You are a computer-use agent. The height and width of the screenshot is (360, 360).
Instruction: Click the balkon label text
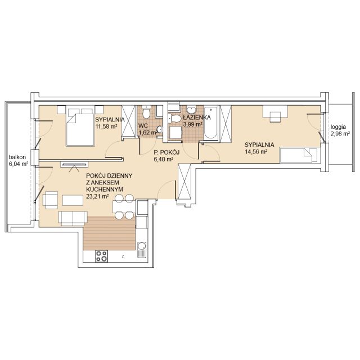pyautogui.click(x=17, y=157)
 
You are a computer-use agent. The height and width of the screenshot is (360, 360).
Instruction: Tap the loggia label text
pyautogui.click(x=338, y=127)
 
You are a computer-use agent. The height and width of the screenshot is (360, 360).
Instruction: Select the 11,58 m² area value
pyautogui.click(x=106, y=127)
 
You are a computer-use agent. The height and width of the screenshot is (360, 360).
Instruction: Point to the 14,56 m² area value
pyautogui.click(x=256, y=152)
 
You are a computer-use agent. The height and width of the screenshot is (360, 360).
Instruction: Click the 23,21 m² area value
pyautogui.click(x=97, y=196)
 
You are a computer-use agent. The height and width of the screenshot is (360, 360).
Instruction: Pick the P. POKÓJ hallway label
pyautogui.click(x=166, y=152)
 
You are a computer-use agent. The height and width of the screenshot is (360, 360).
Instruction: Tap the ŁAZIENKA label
pyautogui.click(x=197, y=118)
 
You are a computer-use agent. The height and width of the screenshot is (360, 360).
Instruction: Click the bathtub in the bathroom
pyautogui.click(x=210, y=123)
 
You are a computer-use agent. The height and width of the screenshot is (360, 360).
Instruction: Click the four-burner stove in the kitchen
pyautogui.click(x=101, y=256)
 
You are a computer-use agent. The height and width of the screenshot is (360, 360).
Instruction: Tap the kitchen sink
pyautogui.click(x=142, y=250)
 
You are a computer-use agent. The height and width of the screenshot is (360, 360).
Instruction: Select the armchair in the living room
pyautogui.click(x=50, y=200)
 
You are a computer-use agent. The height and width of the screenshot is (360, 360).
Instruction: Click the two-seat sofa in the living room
pyautogui.click(x=73, y=218)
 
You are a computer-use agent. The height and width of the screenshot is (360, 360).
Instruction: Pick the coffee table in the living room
pyautogui.click(x=73, y=200)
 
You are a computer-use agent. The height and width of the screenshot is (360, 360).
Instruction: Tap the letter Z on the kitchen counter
pyautogui.click(x=123, y=256)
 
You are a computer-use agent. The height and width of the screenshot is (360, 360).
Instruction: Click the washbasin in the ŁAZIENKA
pyautogui.click(x=191, y=110)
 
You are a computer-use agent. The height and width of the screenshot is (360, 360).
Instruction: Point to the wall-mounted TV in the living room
pyautogui.click(x=74, y=164)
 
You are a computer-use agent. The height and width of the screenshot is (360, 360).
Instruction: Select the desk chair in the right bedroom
pyautogui.click(x=275, y=117)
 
